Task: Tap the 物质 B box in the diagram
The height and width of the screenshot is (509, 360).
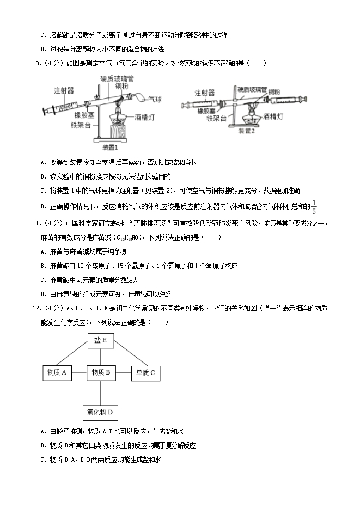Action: [101, 372]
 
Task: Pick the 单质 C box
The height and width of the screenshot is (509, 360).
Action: [145, 372]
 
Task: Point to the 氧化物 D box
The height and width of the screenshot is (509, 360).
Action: [100, 412]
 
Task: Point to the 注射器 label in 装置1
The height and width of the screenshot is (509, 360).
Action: [64, 90]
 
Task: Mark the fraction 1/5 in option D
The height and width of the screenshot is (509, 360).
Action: [314, 206]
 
